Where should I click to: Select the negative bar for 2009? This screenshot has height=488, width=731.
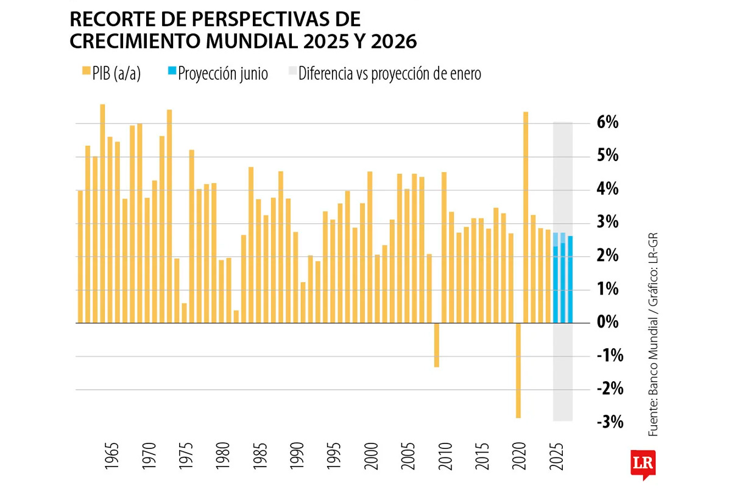click(x=437, y=345)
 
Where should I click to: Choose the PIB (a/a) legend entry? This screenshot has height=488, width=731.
click(x=112, y=74)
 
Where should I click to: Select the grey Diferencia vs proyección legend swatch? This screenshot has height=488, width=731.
click(x=291, y=72)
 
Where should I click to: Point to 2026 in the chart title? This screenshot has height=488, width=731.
click(x=394, y=41)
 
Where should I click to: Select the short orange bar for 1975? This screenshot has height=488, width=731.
click(x=185, y=313)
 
